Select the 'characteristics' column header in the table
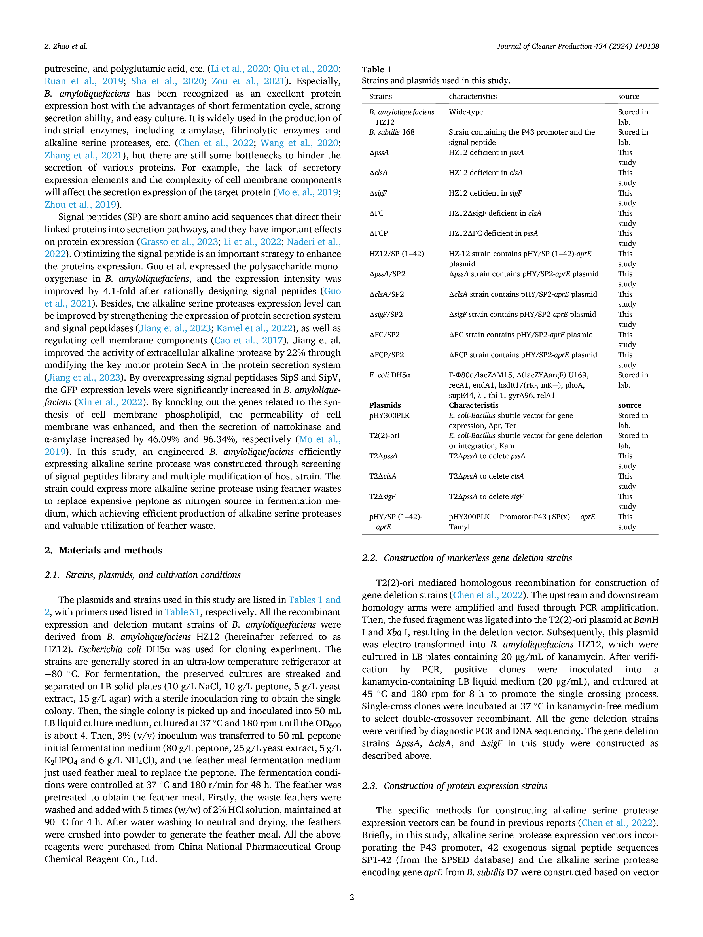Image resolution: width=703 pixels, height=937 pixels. pos(473,97)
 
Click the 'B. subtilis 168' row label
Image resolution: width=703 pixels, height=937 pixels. pos(391,132)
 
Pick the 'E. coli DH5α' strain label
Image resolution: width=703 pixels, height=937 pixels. pos(389,375)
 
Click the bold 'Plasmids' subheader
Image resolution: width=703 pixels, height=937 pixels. pos(385,405)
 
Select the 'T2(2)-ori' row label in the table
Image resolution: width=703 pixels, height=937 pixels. pos(384,436)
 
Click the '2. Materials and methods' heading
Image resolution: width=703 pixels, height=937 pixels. pos(103,550)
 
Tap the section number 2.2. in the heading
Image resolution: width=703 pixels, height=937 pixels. pos(370,558)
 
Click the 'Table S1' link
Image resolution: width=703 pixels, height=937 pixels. pos(182,612)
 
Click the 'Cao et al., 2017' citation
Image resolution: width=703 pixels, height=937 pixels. pos(248,341)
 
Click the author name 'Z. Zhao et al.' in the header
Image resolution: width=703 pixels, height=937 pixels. pos(66,46)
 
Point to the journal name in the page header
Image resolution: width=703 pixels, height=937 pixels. pos(578,46)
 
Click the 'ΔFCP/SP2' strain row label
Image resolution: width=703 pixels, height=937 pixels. pos(386,355)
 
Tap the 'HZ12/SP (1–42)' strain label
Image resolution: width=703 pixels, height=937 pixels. pos(396,254)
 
